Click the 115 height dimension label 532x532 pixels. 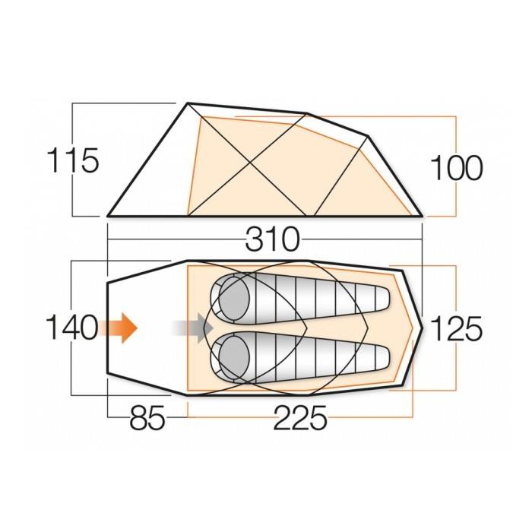73,162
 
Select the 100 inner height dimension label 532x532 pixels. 457,168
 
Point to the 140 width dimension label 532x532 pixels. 71,328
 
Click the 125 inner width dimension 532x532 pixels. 457,328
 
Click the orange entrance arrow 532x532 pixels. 120,328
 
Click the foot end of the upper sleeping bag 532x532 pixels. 380,299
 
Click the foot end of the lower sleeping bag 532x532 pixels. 380,356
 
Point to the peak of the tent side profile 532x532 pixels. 188,103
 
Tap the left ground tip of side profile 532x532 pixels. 108,216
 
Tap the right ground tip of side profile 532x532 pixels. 423,216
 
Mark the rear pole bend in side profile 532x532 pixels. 368,137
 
